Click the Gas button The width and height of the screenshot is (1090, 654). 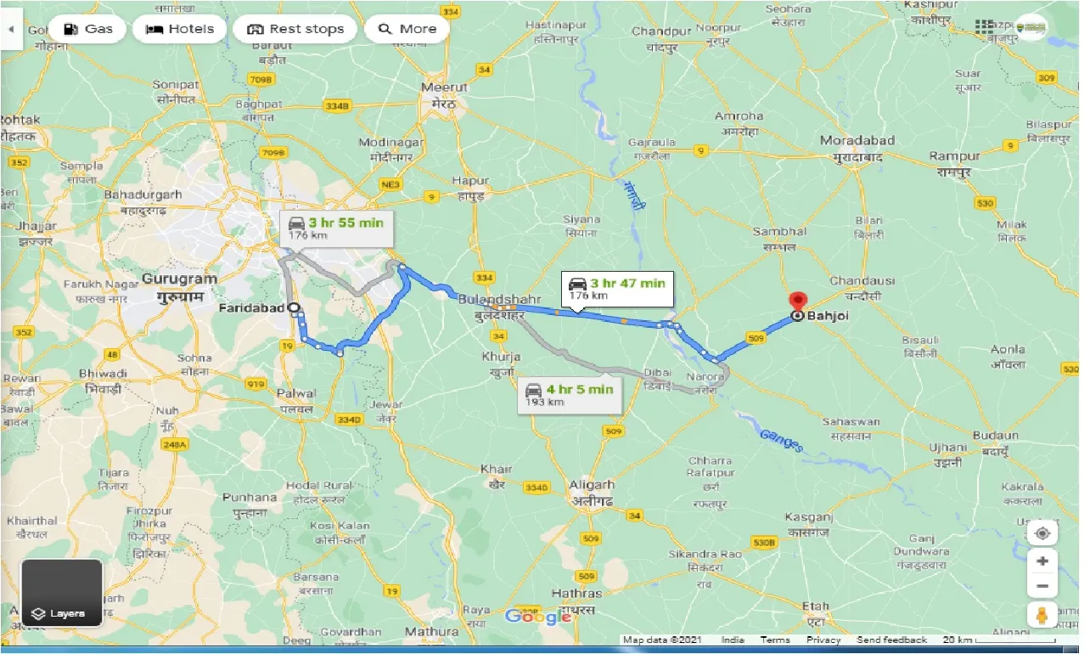click(x=87, y=29)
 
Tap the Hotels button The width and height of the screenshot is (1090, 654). click(x=179, y=29)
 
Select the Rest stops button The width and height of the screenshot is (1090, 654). click(x=295, y=29)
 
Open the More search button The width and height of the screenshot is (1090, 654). click(x=407, y=29)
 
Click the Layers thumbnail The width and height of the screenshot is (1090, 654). click(x=61, y=593)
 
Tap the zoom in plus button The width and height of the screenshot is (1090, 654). click(x=1042, y=561)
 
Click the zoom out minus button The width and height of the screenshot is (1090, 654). click(x=1042, y=586)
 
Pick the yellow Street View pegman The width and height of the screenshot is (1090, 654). click(x=1042, y=614)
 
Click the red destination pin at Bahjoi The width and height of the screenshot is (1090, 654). click(x=797, y=302)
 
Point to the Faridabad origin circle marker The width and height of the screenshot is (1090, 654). click(x=293, y=308)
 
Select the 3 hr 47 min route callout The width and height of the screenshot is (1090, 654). click(x=617, y=289)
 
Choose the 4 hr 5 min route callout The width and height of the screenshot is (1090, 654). click(x=568, y=394)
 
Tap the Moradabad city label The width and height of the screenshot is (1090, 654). click(x=857, y=140)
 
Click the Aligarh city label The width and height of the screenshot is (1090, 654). click(x=592, y=485)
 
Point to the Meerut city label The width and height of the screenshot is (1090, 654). click(x=445, y=87)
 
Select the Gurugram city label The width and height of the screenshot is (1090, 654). click(x=180, y=279)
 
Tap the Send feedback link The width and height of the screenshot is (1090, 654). click(x=891, y=640)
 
